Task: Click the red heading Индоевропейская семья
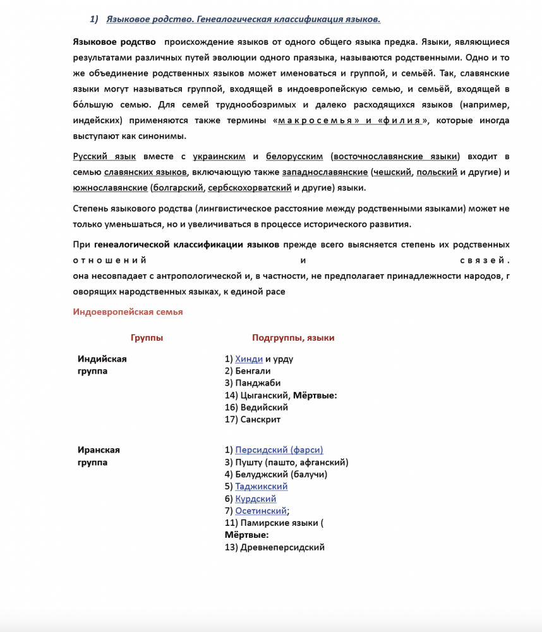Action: [128, 312]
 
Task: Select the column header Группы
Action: [147, 338]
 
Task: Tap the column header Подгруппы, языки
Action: [293, 338]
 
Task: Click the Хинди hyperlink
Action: [249, 359]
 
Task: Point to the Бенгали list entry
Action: [253, 371]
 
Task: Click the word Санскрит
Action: [260, 419]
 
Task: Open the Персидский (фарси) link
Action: [279, 450]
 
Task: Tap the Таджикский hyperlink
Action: [261, 487]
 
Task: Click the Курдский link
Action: [255, 499]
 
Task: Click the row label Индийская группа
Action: [102, 365]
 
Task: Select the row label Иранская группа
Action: [99, 456]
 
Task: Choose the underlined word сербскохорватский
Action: [250, 188]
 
